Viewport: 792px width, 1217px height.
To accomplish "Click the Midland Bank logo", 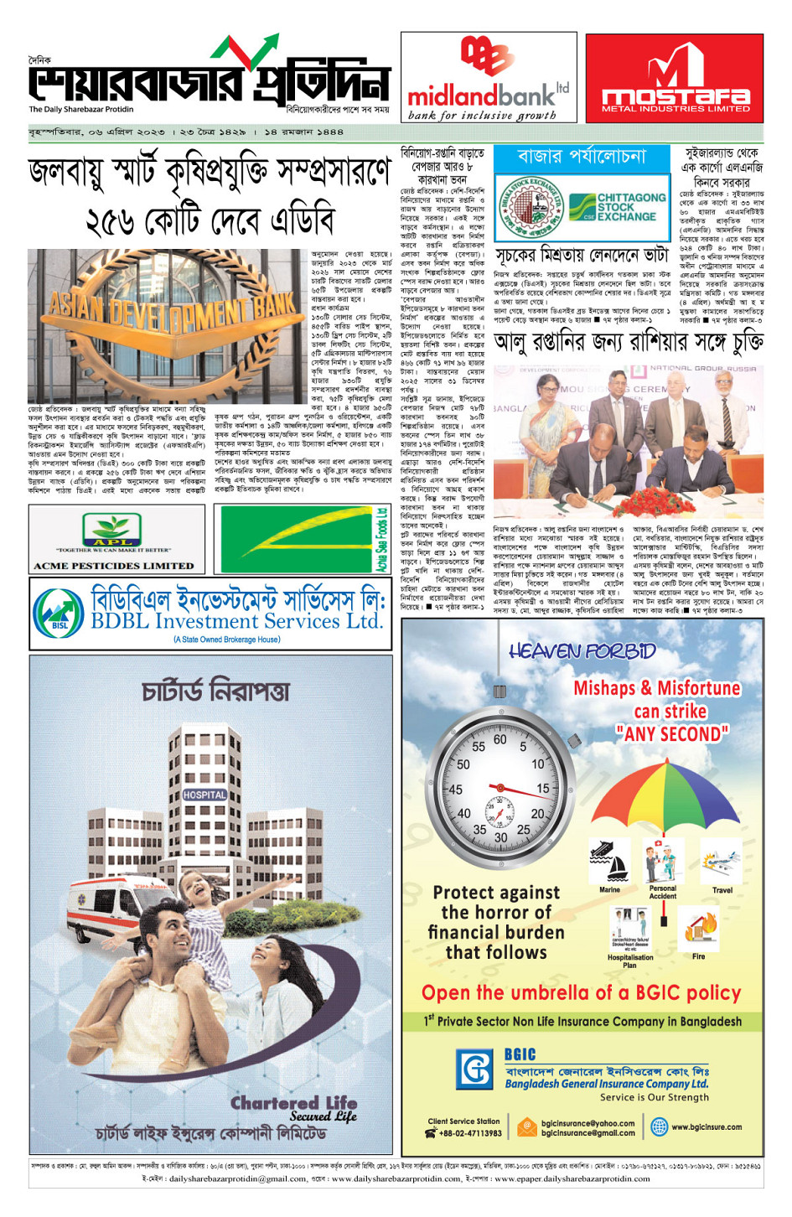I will tap(488, 77).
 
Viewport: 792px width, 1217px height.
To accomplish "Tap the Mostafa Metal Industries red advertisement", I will tap(675, 78).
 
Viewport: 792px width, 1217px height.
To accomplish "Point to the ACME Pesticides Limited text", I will tap(113, 566).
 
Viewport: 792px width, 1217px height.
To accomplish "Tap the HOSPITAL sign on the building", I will tap(204, 794).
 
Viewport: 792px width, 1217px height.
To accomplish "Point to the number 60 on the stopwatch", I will tap(500, 740).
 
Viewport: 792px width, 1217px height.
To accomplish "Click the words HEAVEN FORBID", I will tap(582, 650).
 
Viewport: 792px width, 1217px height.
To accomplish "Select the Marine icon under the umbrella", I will tap(609, 862).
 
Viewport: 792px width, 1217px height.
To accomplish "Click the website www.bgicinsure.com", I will tap(706, 1126).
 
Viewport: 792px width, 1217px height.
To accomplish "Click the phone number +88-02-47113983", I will tap(469, 1133).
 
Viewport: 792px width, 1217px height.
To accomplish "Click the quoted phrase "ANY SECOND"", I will tap(671, 734).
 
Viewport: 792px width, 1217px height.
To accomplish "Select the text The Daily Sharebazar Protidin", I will tap(81, 109).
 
